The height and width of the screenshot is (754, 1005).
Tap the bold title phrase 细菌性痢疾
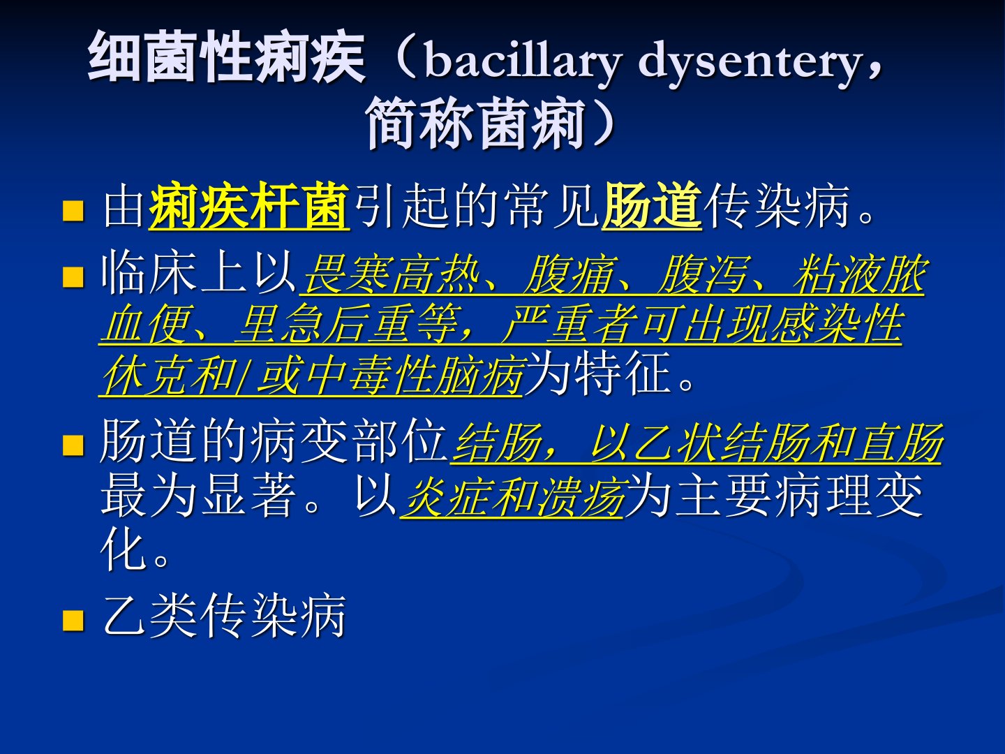(227, 57)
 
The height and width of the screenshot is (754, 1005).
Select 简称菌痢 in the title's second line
(476, 123)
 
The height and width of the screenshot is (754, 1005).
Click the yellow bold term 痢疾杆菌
(249, 205)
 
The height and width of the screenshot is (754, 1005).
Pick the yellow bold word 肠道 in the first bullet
(652, 205)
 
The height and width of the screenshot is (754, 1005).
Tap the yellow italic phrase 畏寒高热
(392, 274)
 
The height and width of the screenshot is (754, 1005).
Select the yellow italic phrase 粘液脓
(860, 274)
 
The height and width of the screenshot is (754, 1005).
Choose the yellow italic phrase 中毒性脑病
(416, 375)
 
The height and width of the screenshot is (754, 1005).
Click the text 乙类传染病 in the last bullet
(224, 615)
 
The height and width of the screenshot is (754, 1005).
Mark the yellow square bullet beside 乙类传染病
(73, 621)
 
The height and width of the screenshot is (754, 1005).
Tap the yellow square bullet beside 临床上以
(73, 277)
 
